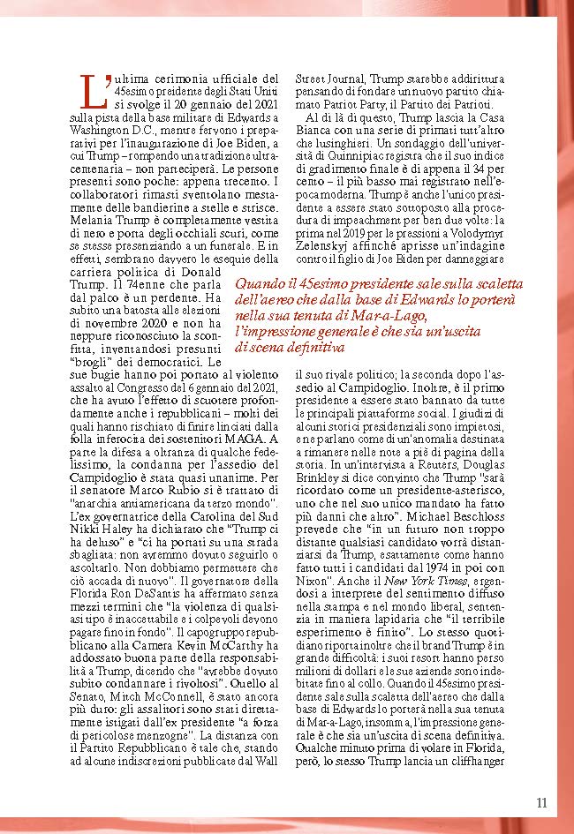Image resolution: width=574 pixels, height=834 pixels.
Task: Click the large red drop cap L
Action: tap(90, 89)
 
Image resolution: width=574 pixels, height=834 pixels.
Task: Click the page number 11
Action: tap(541, 802)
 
